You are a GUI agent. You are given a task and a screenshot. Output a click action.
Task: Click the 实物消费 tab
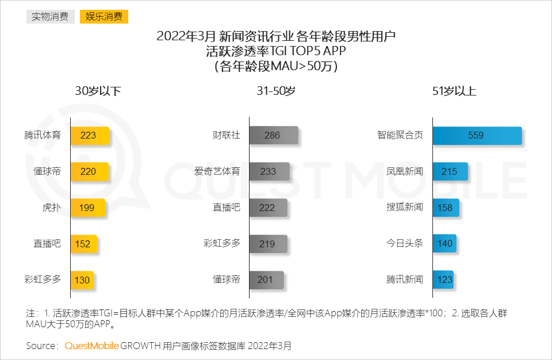click(x=51, y=16)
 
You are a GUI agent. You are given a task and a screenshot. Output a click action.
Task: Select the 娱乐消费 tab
click(x=104, y=16)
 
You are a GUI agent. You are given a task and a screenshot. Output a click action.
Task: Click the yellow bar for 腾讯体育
click(x=90, y=136)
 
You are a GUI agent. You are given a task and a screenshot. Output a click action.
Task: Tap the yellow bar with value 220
click(x=89, y=171)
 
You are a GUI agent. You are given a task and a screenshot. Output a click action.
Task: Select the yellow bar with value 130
click(x=82, y=280)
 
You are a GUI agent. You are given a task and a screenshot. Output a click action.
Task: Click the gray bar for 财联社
click(x=274, y=136)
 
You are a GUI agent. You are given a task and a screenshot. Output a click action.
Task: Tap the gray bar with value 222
click(x=268, y=208)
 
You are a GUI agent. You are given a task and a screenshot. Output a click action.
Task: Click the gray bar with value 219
click(x=267, y=243)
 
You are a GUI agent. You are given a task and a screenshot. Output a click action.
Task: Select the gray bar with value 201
click(x=266, y=280)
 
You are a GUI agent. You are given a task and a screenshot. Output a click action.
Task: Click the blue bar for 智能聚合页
click(x=477, y=136)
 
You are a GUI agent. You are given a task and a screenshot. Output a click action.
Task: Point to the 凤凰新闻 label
click(x=405, y=171)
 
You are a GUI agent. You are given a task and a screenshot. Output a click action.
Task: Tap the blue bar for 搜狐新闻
click(x=446, y=208)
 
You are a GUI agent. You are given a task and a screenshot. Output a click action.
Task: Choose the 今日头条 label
click(x=405, y=243)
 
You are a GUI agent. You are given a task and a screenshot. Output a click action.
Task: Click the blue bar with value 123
click(x=443, y=280)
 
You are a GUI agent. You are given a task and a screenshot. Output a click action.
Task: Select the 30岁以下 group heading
click(x=98, y=91)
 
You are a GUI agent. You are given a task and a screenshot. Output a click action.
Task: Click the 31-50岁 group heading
click(x=276, y=91)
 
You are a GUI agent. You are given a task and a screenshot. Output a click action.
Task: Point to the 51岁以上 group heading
click(x=454, y=91)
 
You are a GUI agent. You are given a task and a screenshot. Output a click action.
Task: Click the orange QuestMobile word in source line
click(x=92, y=346)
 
